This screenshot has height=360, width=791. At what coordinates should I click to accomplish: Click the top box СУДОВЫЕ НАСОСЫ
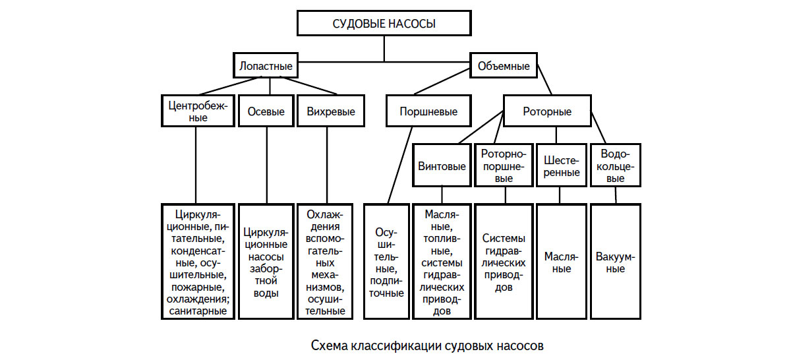pos(384,24)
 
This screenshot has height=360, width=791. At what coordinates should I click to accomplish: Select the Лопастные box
pos(264,67)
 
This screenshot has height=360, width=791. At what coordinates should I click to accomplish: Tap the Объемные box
pos(504,67)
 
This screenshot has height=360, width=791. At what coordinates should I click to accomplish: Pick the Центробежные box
pos(197,111)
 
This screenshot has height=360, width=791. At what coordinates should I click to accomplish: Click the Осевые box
pos(266,111)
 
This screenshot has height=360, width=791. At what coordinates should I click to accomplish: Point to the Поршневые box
pos(428,111)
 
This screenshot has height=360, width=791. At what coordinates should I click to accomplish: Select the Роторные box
pos(547,111)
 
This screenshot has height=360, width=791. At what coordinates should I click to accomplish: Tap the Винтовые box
pos(442,165)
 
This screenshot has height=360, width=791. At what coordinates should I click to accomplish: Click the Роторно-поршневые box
pos(504,165)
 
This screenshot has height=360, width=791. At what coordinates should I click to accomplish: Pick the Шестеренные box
pos(562,165)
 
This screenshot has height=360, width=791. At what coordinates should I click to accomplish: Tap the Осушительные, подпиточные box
pos(388,262)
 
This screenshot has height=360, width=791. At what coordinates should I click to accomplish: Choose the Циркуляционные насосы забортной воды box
pos(266,262)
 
